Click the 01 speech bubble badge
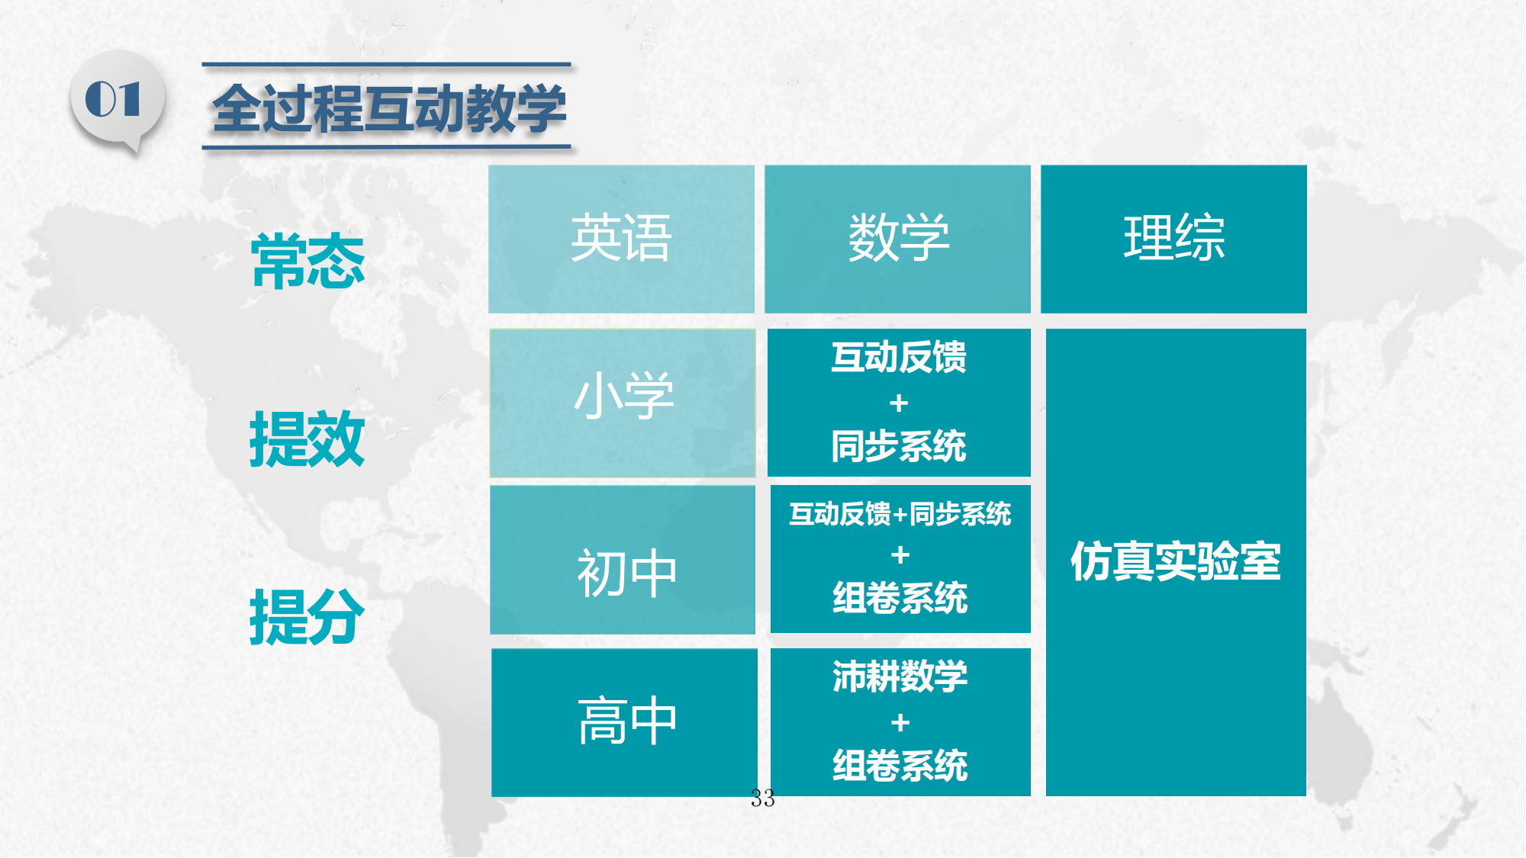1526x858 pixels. coord(117,101)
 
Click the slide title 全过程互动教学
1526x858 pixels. coord(389,109)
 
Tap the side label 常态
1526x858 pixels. coord(308,262)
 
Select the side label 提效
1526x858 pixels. coord(307,439)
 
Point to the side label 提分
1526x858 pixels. coord(307,617)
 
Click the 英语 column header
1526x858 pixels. coord(621,239)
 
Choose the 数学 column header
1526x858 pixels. coord(898,239)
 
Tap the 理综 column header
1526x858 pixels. coord(1174,239)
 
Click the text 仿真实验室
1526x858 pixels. coord(1176,561)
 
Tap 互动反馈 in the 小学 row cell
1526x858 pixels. coord(899,357)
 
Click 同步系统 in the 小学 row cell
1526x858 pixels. coord(899,446)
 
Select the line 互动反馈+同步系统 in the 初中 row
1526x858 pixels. coord(900,514)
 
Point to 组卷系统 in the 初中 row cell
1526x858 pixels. coord(900,598)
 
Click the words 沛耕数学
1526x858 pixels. coord(900,676)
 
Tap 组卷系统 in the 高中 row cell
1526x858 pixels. coord(900,766)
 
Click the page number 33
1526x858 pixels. coord(763,799)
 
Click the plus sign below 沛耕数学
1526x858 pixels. coord(900,721)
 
